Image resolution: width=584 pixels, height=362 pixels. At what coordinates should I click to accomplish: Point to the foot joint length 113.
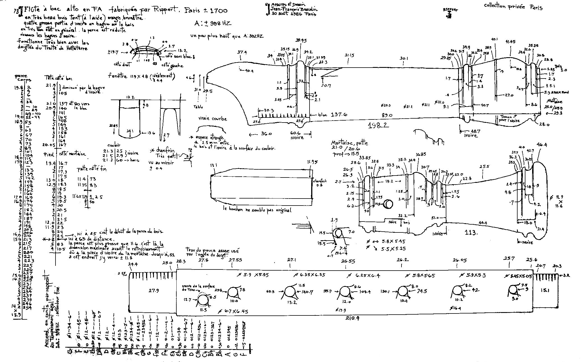click(x=471, y=232)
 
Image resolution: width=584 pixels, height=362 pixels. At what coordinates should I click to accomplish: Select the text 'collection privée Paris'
click(x=513, y=7)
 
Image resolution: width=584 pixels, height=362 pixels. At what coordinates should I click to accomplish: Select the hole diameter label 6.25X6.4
click(x=364, y=275)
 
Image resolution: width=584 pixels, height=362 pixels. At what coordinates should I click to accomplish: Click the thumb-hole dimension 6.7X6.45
click(x=233, y=311)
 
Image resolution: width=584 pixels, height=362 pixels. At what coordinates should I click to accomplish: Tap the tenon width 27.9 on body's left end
click(x=154, y=291)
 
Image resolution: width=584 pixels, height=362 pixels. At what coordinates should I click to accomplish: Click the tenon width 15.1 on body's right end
click(x=544, y=290)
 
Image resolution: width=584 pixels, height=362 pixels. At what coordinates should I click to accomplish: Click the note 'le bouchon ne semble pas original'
click(x=257, y=210)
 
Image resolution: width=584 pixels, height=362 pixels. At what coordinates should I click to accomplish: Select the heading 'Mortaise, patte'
click(x=349, y=143)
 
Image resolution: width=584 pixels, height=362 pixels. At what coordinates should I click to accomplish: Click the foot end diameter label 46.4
click(x=541, y=145)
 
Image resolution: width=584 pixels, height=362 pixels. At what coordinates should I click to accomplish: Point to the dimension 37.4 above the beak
click(x=242, y=52)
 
